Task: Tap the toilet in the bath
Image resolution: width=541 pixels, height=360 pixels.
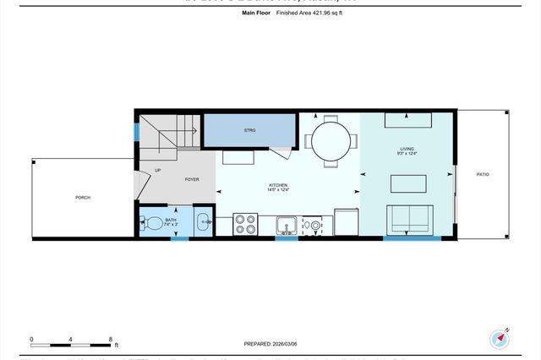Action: click(x=154, y=223)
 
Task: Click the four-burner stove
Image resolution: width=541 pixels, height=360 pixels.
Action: click(x=245, y=224)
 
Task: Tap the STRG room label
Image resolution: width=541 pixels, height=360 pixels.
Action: click(x=249, y=130)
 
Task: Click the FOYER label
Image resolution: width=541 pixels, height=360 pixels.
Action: click(x=192, y=180)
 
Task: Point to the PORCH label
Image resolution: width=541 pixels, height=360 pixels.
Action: click(x=83, y=198)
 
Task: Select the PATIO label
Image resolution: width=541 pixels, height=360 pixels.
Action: click(x=483, y=174)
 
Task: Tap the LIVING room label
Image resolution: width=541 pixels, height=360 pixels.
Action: click(x=407, y=150)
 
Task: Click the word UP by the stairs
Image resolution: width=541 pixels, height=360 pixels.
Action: click(x=158, y=172)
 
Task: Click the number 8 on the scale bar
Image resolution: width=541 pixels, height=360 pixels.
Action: click(x=111, y=337)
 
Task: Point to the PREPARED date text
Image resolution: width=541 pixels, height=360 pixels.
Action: click(x=270, y=345)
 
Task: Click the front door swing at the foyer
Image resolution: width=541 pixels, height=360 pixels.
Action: click(x=139, y=187)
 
